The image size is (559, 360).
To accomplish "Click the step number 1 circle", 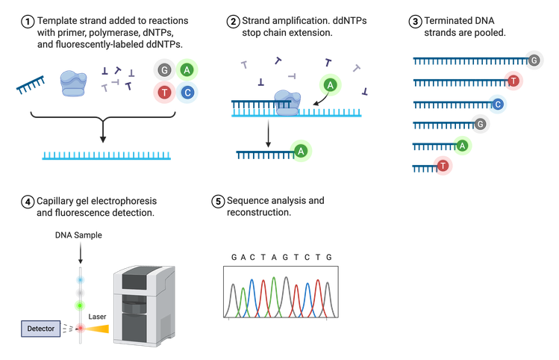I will tap(28, 22).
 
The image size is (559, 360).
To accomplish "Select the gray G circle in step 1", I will tap(163, 70).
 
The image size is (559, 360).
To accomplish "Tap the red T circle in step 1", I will tap(163, 93).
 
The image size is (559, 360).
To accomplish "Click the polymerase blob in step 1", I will tap(74, 81).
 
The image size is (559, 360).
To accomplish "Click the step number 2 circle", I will tap(233, 21).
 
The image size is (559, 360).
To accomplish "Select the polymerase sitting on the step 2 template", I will tap(286, 99).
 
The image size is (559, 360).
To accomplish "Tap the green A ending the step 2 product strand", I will tap(301, 152).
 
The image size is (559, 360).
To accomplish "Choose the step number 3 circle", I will tap(415, 22).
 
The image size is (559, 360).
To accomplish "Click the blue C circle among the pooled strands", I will tap(497, 103).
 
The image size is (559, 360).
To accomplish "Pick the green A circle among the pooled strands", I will tap(463, 145).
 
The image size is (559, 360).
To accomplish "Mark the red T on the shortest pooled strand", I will tap(443, 165).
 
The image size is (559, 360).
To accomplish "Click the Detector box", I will tap(40, 328).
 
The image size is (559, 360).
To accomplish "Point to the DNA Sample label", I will tap(79, 235).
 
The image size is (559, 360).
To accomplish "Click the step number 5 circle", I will tap(218, 202).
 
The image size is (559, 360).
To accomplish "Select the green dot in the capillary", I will tap(80, 305).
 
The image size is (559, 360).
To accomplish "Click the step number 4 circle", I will tap(28, 202).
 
